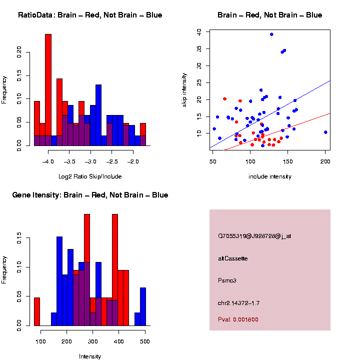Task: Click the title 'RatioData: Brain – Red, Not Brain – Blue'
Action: pyautogui.click(x=90, y=15)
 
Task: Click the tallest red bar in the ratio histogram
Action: pyautogui.click(x=48, y=90)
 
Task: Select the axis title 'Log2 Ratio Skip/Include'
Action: pyautogui.click(x=90, y=176)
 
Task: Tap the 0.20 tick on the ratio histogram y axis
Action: pyautogui.click(x=20, y=51)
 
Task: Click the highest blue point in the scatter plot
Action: pyautogui.click(x=271, y=34)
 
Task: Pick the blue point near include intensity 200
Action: pyautogui.click(x=325, y=132)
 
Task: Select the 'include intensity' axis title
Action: pyautogui.click(x=270, y=176)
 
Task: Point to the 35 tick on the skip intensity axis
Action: pyautogui.click(x=198, y=48)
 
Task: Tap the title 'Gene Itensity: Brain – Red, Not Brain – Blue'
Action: pyautogui.click(x=90, y=195)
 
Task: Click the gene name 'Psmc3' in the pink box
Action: pyautogui.click(x=227, y=280)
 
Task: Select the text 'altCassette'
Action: pyautogui.click(x=233, y=258)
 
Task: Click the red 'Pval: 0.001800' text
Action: pyautogui.click(x=238, y=319)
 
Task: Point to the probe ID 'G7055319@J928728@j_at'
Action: pyautogui.click(x=254, y=236)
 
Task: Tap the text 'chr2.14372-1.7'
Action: pyautogui.click(x=239, y=303)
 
